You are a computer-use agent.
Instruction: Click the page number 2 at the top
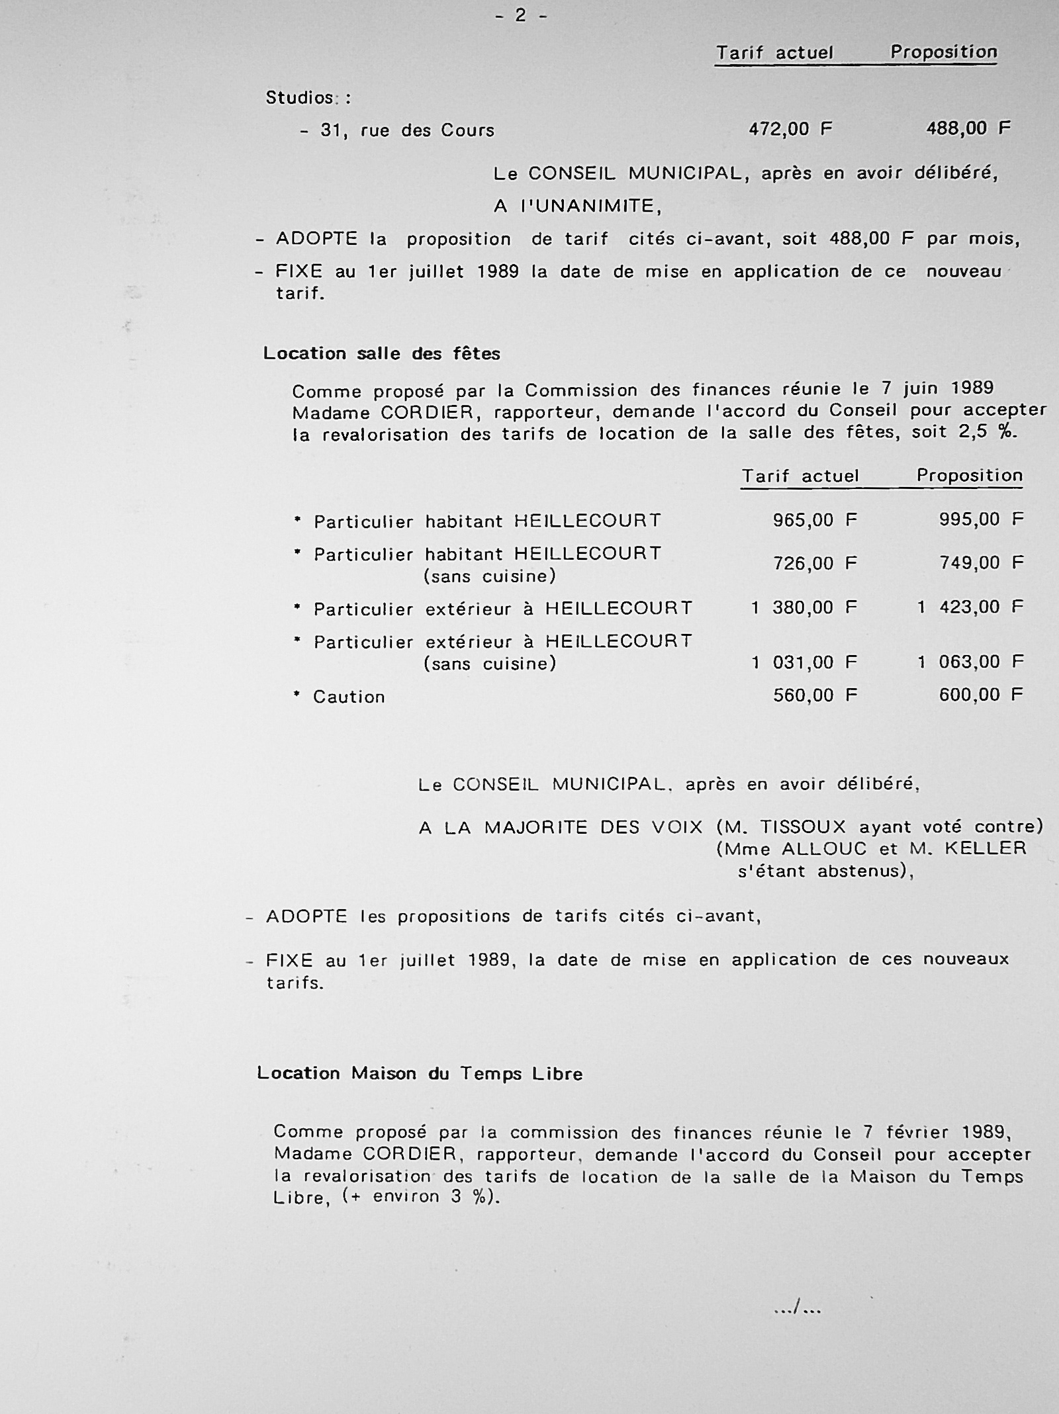pyautogui.click(x=521, y=15)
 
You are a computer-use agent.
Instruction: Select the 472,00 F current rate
pyautogui.click(x=790, y=128)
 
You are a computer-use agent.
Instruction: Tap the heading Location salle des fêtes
pyautogui.click(x=381, y=353)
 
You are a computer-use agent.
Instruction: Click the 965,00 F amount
pyautogui.click(x=815, y=520)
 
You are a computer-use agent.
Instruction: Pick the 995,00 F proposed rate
pyautogui.click(x=981, y=519)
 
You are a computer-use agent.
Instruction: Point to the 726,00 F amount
pyautogui.click(x=815, y=563)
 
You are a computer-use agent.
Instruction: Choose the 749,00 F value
pyautogui.click(x=981, y=563)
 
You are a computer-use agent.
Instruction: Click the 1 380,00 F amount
pyautogui.click(x=804, y=607)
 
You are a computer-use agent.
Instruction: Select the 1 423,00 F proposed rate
pyautogui.click(x=970, y=607)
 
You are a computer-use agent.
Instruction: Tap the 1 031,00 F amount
pyautogui.click(x=804, y=662)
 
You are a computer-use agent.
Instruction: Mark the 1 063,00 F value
pyautogui.click(x=970, y=662)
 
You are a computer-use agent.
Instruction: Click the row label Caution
pyautogui.click(x=349, y=697)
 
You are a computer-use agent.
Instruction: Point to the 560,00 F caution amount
pyautogui.click(x=815, y=695)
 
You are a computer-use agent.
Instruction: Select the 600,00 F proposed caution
pyautogui.click(x=981, y=695)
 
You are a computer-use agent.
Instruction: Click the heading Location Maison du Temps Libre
pyautogui.click(x=420, y=1073)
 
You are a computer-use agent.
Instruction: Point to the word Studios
pyautogui.click(x=300, y=98)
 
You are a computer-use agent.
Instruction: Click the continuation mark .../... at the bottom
pyautogui.click(x=798, y=1307)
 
